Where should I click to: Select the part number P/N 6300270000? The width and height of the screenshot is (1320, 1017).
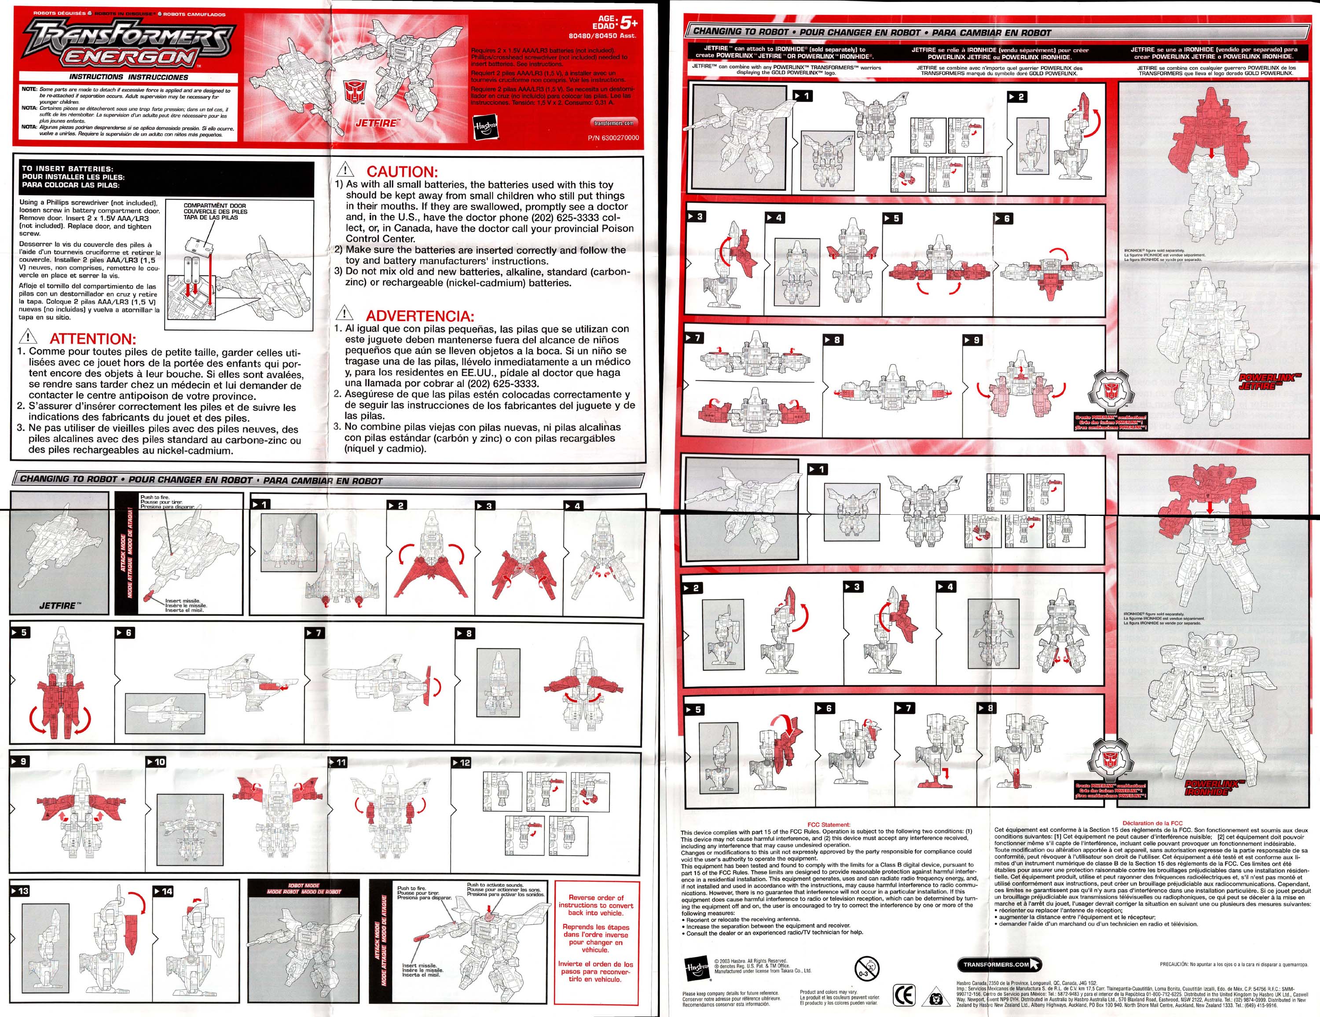[613, 138]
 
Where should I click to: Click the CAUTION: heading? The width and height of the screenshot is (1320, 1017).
[401, 171]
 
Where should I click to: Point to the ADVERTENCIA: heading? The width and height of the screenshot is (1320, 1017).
[419, 315]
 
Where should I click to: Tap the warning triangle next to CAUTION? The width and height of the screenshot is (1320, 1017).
[345, 170]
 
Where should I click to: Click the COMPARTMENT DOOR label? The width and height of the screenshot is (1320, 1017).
[215, 206]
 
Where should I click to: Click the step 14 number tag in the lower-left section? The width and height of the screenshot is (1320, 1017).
[163, 891]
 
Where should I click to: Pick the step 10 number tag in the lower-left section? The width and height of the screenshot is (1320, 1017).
[156, 762]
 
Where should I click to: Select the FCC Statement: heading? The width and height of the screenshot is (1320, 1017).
[828, 824]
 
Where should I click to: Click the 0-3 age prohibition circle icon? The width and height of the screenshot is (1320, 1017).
[865, 967]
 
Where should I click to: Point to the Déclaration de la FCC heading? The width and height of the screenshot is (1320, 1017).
[1152, 823]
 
